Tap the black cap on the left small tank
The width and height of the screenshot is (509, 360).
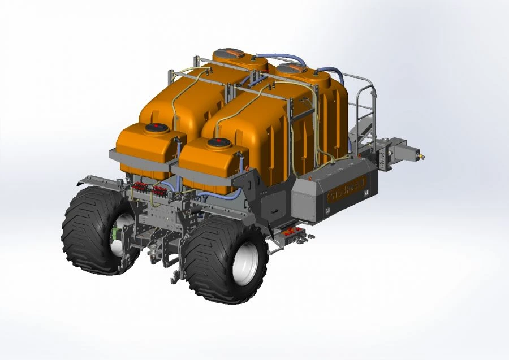coord(154,128)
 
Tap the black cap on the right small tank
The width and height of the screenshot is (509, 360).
coord(218,142)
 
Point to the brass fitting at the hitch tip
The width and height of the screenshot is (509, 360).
coord(421,153)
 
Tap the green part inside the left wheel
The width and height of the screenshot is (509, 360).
coord(117,233)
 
